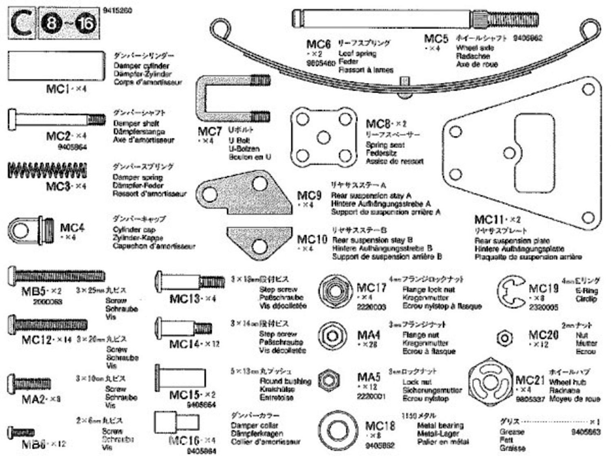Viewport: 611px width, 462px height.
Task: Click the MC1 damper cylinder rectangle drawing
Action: pyautogui.click(x=56, y=66)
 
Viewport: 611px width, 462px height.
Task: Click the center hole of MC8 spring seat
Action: pyautogui.click(x=324, y=137)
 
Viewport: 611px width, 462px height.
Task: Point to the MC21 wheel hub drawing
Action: pyautogui.click(x=490, y=382)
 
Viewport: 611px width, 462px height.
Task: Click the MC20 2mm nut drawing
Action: pyautogui.click(x=505, y=338)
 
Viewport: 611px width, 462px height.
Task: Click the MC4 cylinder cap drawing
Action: pyautogui.click(x=31, y=230)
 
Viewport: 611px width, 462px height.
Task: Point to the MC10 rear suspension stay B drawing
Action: pyautogui.click(x=260, y=241)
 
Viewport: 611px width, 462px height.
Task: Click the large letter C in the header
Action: pyautogui.click(x=22, y=24)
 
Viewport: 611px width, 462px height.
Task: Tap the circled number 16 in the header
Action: pyautogui.click(x=85, y=24)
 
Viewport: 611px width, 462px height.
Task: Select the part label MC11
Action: pyautogui.click(x=488, y=220)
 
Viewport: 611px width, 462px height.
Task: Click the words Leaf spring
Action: pyautogui.click(x=357, y=53)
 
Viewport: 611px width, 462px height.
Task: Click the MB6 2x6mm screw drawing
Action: pyautogui.click(x=21, y=433)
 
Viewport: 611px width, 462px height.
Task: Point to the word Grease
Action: pyautogui.click(x=512, y=431)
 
